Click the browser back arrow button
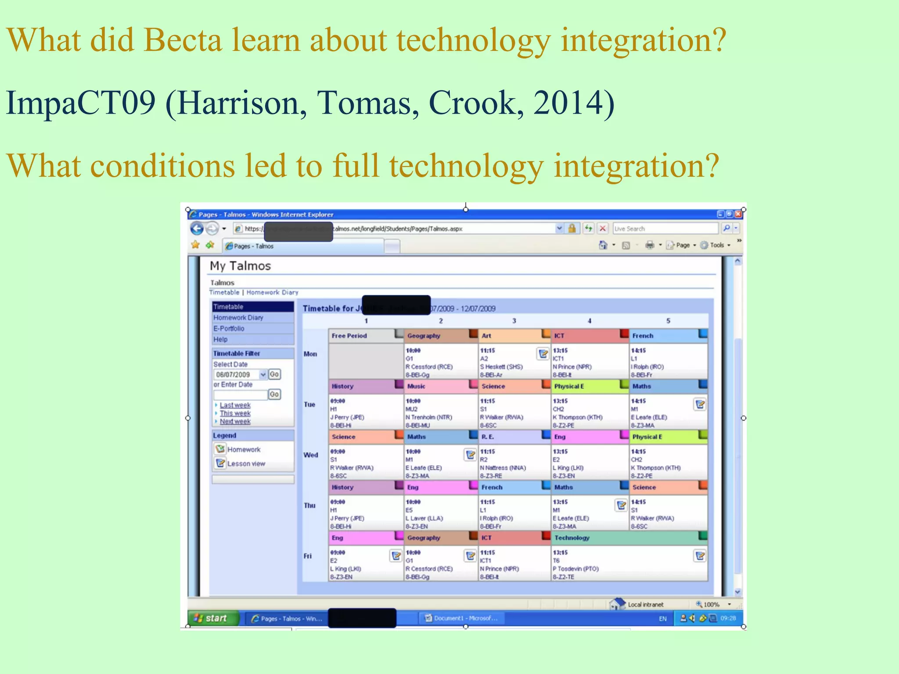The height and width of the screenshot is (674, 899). pos(197,229)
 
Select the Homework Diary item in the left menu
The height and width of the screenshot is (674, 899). pos(238,318)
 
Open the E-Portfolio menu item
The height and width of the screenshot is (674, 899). pos(229,329)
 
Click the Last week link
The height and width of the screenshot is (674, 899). pos(235,405)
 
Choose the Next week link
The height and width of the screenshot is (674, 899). pos(235,422)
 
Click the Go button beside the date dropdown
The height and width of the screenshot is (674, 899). pos(274,374)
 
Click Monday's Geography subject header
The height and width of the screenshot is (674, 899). pos(424,336)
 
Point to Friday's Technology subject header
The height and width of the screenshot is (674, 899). pos(572,538)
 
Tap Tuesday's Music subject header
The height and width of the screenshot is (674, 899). pos(416,386)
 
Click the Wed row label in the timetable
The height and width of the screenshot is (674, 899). pos(311,455)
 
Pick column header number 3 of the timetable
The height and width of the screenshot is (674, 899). pos(514,321)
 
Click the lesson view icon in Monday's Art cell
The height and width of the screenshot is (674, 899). pos(543,353)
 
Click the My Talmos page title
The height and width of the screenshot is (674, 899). pos(240,266)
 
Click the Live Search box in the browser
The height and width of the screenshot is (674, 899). pos(665,229)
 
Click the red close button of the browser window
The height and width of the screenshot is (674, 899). pos(738,214)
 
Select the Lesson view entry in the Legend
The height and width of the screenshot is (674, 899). pos(246,464)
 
